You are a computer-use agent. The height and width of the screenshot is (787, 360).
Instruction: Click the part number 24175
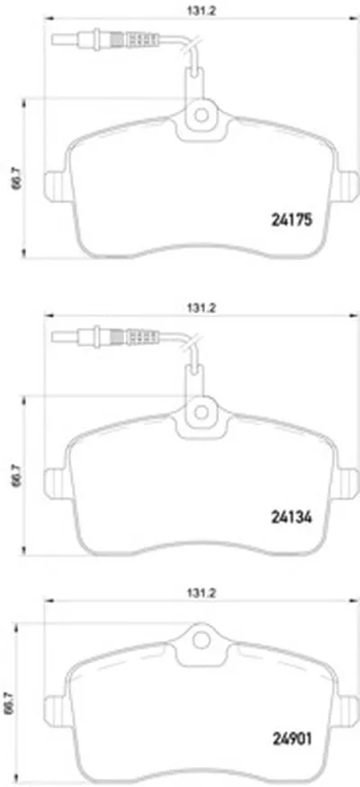(x=292, y=220)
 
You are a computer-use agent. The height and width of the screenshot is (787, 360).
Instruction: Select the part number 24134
(x=292, y=517)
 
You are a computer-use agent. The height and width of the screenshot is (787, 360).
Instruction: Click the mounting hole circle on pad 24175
(x=201, y=115)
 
